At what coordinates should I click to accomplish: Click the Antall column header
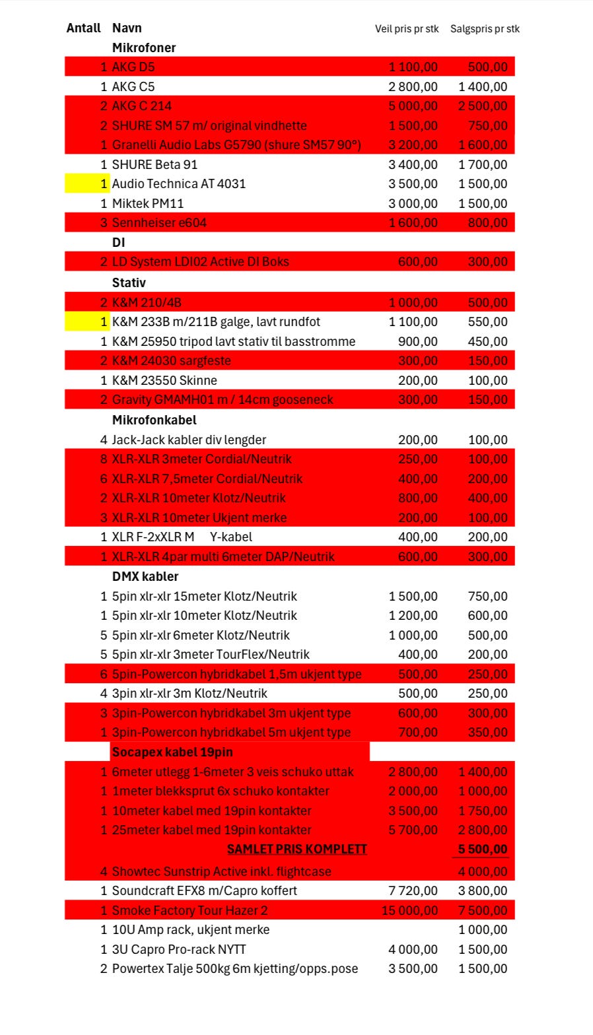pos(83,28)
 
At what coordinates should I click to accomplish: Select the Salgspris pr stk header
pos(485,29)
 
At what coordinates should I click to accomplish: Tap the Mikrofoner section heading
pos(143,48)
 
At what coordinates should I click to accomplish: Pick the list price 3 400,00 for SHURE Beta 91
pos(413,164)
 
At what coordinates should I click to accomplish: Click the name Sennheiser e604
pos(158,223)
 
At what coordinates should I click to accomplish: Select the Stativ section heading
pos(129,283)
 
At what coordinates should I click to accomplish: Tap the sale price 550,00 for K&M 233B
pos(487,322)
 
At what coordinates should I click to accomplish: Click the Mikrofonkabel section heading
pos(154,420)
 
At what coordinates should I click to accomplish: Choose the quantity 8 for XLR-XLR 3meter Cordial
pos(104,459)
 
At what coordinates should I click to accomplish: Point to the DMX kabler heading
pos(145,576)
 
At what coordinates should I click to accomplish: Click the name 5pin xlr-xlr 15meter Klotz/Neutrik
pos(204,597)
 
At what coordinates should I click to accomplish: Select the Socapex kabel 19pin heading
pos(172,752)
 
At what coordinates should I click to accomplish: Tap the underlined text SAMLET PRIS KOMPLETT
pos(296,850)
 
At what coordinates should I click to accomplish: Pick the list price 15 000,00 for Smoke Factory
pos(409,911)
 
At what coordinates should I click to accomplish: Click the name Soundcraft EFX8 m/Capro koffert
pos(204,891)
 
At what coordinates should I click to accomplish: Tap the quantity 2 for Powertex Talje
pos(104,969)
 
